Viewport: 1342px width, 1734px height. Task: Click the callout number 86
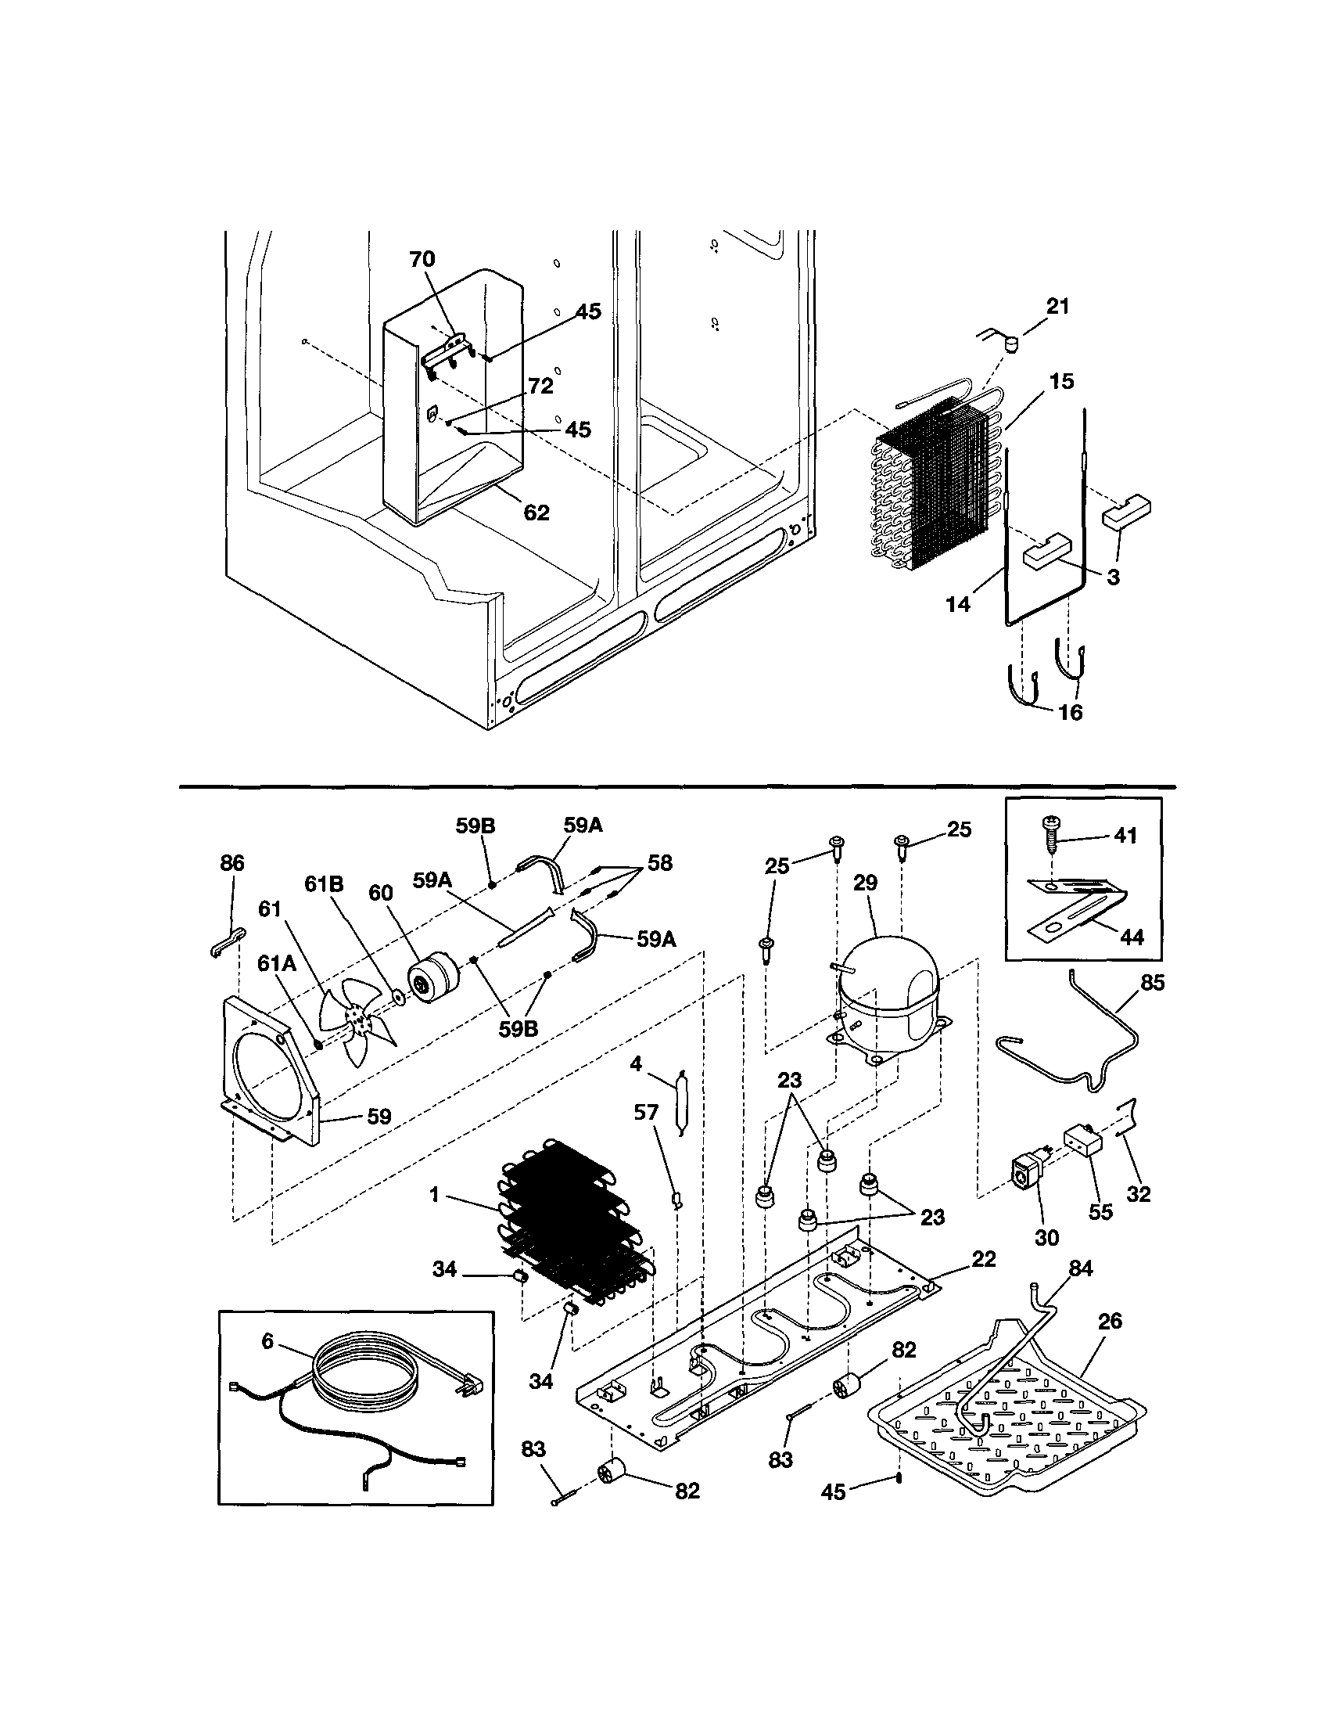[231, 863]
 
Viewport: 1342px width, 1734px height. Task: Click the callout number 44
[1131, 937]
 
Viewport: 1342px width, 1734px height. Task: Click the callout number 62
[536, 513]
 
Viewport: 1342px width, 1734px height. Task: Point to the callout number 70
[422, 260]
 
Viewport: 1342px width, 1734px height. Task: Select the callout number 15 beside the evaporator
[1061, 381]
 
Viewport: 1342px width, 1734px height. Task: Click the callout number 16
[1071, 712]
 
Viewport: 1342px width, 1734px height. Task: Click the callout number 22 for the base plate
[983, 1259]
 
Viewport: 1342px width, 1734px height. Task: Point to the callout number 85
[1152, 983]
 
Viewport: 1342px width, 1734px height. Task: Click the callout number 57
[647, 1113]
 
